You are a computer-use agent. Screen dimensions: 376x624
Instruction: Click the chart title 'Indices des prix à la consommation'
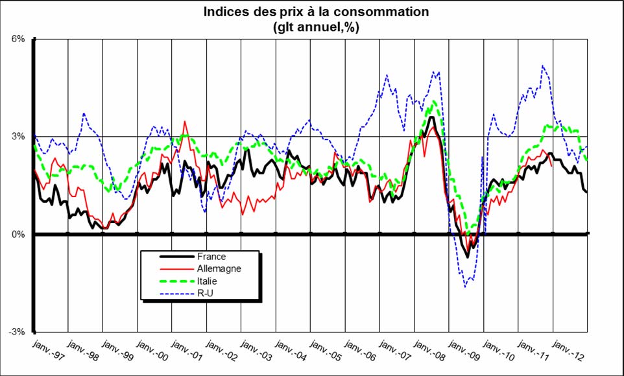click(x=317, y=12)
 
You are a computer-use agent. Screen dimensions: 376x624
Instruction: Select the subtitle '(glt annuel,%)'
click(x=317, y=27)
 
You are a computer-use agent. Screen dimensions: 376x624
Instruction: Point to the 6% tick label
click(x=17, y=39)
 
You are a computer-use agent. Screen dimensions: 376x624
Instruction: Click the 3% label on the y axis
click(x=17, y=137)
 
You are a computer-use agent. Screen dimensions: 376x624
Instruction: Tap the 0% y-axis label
click(x=17, y=235)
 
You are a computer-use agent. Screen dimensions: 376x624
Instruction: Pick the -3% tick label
click(x=16, y=332)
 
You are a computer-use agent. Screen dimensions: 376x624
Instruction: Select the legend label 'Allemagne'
click(x=217, y=268)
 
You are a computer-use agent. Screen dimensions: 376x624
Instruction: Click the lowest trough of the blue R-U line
click(x=464, y=287)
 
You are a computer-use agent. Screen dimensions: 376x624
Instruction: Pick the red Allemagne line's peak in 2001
click(x=186, y=121)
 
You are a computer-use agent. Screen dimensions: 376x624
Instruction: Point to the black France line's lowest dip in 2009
click(x=467, y=257)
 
